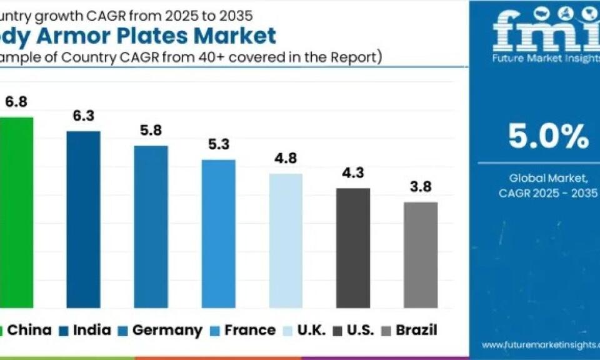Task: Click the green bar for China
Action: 16,212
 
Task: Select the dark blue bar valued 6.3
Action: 83,219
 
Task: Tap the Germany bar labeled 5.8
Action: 151,227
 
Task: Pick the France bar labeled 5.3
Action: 218,234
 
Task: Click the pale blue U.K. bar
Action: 286,241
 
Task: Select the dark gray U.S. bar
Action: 353,248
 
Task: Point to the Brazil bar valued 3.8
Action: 421,255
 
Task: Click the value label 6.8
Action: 16,102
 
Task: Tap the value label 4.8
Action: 286,159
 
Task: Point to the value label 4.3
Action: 353,173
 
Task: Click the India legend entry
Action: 84,330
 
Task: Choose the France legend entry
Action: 244,330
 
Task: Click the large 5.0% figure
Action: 548,136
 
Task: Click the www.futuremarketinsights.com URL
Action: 539,344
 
